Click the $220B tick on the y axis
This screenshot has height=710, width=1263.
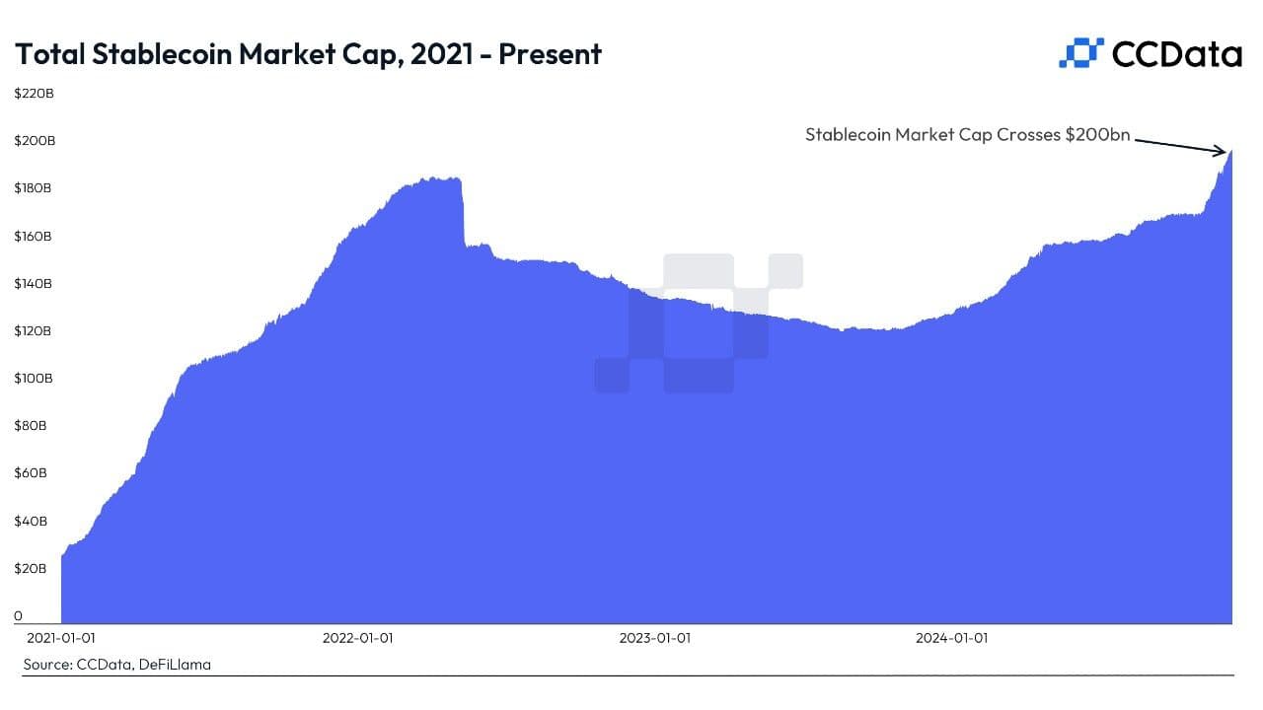[x=35, y=94]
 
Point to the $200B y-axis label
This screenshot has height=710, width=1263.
[x=35, y=141]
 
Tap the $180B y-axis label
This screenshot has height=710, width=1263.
[x=35, y=188]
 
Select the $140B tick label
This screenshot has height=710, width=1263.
[x=35, y=284]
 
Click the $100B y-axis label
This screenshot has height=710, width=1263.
[x=35, y=379]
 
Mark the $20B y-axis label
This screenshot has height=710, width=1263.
[x=31, y=569]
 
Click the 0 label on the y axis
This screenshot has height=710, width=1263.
[x=18, y=616]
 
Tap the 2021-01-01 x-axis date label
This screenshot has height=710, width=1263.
[x=61, y=638]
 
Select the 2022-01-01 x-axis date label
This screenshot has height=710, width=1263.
[x=357, y=638]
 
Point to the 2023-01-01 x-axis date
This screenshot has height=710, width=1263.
[x=654, y=638]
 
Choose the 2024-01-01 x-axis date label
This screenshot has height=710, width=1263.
[x=951, y=638]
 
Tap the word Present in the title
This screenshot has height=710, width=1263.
[x=550, y=54]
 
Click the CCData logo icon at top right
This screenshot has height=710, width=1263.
[x=1079, y=53]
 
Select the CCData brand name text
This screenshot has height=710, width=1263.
[x=1176, y=54]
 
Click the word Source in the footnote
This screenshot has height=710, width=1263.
[x=45, y=665]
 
